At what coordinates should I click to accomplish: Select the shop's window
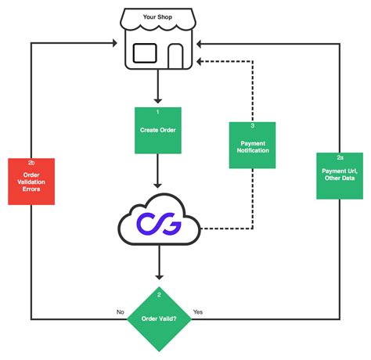tap(146, 53)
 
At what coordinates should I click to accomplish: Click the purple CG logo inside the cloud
tap(159, 225)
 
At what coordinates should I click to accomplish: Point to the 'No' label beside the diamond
tap(120, 311)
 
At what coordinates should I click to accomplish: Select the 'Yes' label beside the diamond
tap(197, 311)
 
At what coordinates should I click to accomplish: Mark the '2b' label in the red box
tap(31, 164)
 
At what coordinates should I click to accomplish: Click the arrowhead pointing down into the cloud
tap(159, 184)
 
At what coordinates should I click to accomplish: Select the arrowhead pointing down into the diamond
tap(159, 276)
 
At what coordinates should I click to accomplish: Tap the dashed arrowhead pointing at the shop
tap(200, 60)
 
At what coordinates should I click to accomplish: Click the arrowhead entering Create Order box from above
tap(159, 101)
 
